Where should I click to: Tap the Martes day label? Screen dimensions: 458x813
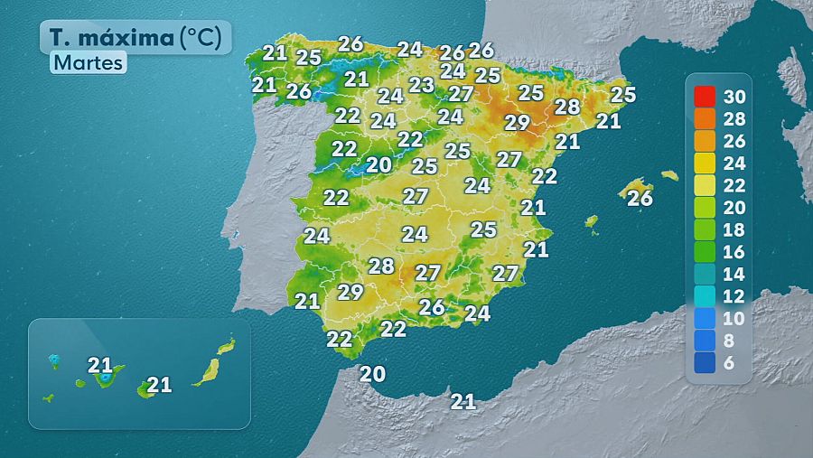pyautogui.click(x=87, y=63)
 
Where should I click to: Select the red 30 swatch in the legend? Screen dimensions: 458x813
pyautogui.click(x=706, y=96)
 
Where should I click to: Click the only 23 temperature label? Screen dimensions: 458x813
pyautogui.click(x=422, y=85)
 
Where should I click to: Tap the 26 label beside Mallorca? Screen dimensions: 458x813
pyautogui.click(x=640, y=198)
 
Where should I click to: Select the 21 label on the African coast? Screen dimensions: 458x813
pyautogui.click(x=463, y=401)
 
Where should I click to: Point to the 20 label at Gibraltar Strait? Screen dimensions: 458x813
pyautogui.click(x=372, y=373)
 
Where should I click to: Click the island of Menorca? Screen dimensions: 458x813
pyautogui.click(x=669, y=175)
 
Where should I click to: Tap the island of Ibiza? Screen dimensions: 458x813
pyautogui.click(x=591, y=220)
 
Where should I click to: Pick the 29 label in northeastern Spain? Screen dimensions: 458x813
pyautogui.click(x=517, y=122)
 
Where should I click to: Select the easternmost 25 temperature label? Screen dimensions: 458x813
pyautogui.click(x=623, y=94)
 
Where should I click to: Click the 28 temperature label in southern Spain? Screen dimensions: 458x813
pyautogui.click(x=381, y=266)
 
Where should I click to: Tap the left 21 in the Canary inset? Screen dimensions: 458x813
pyautogui.click(x=99, y=366)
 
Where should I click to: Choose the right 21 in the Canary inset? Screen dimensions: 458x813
pyautogui.click(x=159, y=385)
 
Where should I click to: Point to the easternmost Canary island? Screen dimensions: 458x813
pyautogui.click(x=226, y=346)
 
